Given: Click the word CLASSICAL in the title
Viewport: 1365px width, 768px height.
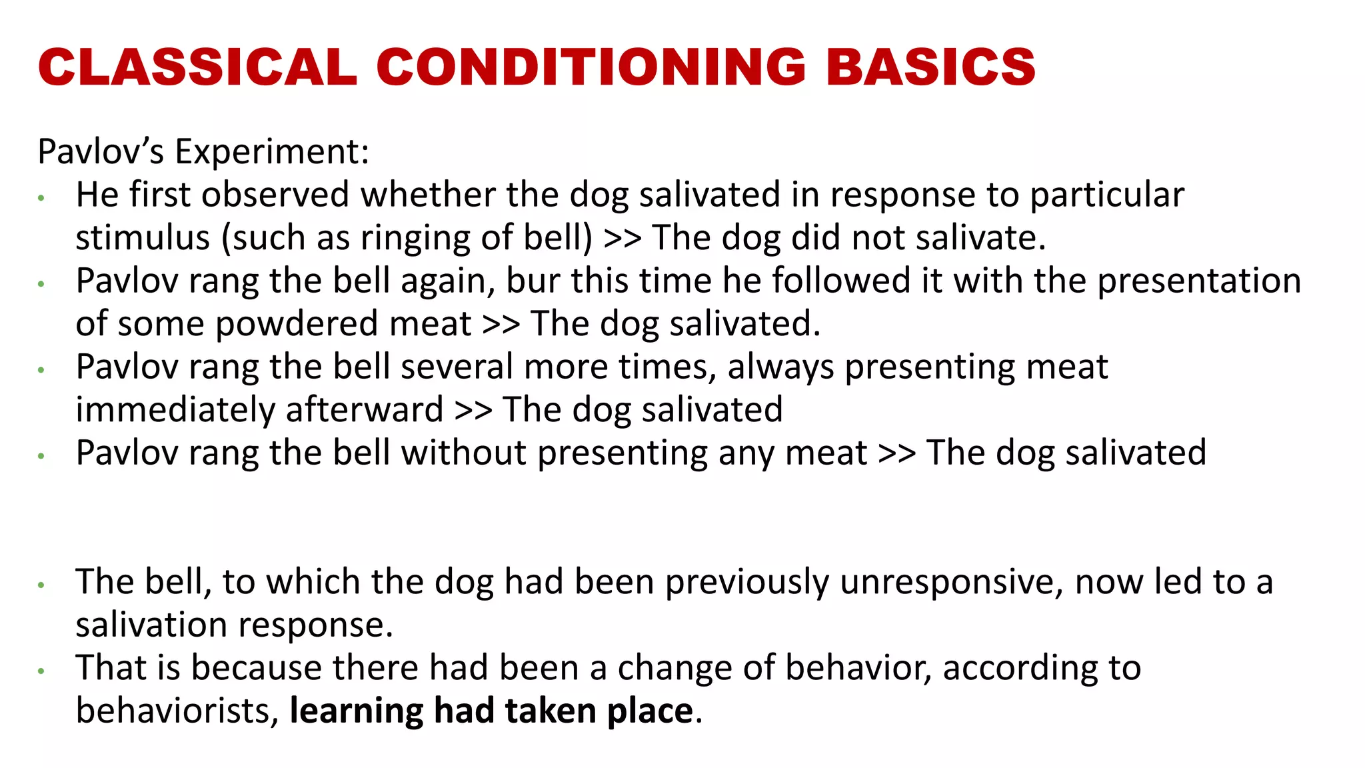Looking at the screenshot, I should (197, 67).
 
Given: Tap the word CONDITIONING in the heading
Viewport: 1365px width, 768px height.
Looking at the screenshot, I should (591, 67).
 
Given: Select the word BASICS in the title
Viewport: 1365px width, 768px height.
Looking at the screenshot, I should (930, 67).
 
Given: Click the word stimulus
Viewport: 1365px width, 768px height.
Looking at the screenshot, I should (143, 238).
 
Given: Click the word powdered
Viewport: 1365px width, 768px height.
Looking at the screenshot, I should (297, 325).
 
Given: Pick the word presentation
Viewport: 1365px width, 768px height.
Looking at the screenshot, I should (1199, 281).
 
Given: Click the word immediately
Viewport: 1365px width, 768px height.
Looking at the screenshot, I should (175, 410).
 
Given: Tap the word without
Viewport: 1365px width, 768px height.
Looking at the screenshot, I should (464, 453).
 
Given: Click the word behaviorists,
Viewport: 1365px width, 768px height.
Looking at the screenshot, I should (177, 711).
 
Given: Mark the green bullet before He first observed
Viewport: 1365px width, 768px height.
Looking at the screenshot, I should (41, 198).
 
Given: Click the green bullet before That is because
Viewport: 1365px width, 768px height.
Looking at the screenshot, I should (41, 671).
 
